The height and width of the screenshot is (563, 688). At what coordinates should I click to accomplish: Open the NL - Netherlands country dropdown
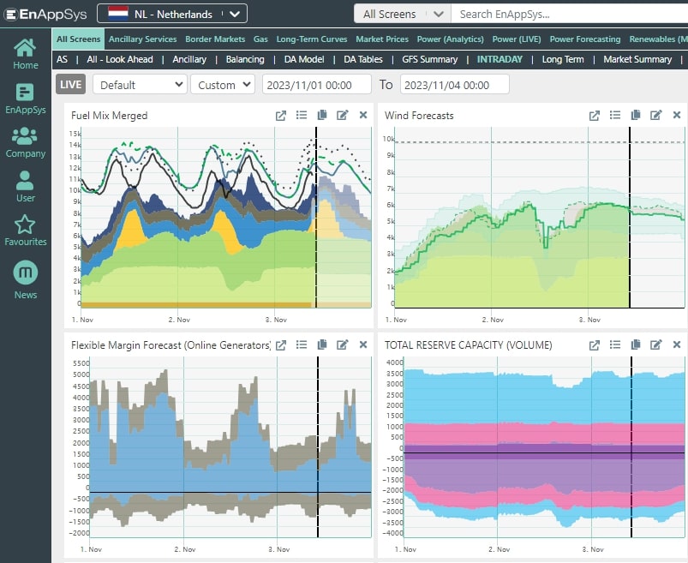coord(172,14)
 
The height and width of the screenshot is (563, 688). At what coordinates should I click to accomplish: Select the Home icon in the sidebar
coord(26,53)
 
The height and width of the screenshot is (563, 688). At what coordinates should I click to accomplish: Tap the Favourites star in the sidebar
coord(25,230)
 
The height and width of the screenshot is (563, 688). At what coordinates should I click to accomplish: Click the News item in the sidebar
coord(26,282)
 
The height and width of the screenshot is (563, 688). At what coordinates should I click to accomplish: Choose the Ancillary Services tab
coord(142,39)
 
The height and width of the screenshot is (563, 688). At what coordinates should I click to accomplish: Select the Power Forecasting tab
coord(584,39)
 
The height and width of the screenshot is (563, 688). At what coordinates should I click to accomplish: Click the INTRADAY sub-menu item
coord(500,59)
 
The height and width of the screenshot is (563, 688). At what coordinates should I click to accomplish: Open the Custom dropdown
coord(222,85)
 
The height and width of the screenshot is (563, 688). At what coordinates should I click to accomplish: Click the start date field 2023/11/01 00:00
coord(315,85)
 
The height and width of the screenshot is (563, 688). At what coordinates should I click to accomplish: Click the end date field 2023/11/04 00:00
coord(453,85)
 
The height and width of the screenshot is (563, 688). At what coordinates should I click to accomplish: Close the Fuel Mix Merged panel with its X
coord(363,116)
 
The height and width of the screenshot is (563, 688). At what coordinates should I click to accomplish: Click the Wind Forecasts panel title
coord(419,116)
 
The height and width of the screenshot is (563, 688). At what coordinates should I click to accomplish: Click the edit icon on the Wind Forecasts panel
coord(655,116)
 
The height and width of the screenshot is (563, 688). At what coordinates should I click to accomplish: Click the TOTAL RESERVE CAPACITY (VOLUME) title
coord(468,345)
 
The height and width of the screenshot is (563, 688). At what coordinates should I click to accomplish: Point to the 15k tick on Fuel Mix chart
coord(75,134)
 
